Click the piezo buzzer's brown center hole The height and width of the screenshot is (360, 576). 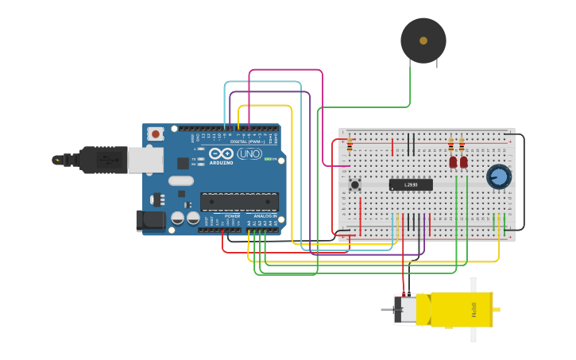click(423, 41)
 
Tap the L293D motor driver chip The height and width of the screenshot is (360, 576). click(411, 184)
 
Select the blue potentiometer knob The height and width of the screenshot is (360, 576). click(498, 176)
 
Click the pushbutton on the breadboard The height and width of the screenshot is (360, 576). click(354, 184)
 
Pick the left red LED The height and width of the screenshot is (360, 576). click(453, 162)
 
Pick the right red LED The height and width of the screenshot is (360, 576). click(464, 162)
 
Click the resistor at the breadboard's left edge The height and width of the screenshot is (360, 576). click(350, 144)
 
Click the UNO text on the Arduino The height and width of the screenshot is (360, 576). click(249, 153)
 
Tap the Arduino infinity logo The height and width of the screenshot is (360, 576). click(222, 153)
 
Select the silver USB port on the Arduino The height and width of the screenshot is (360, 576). click(145, 160)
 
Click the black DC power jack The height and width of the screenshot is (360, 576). click(151, 220)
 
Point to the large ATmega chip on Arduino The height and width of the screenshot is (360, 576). click(238, 202)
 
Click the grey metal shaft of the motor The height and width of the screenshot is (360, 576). click(386, 309)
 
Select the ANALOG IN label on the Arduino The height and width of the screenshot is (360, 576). click(265, 215)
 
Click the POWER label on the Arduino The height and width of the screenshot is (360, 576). click(232, 215)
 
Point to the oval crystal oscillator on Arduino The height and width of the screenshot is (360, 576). click(181, 180)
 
